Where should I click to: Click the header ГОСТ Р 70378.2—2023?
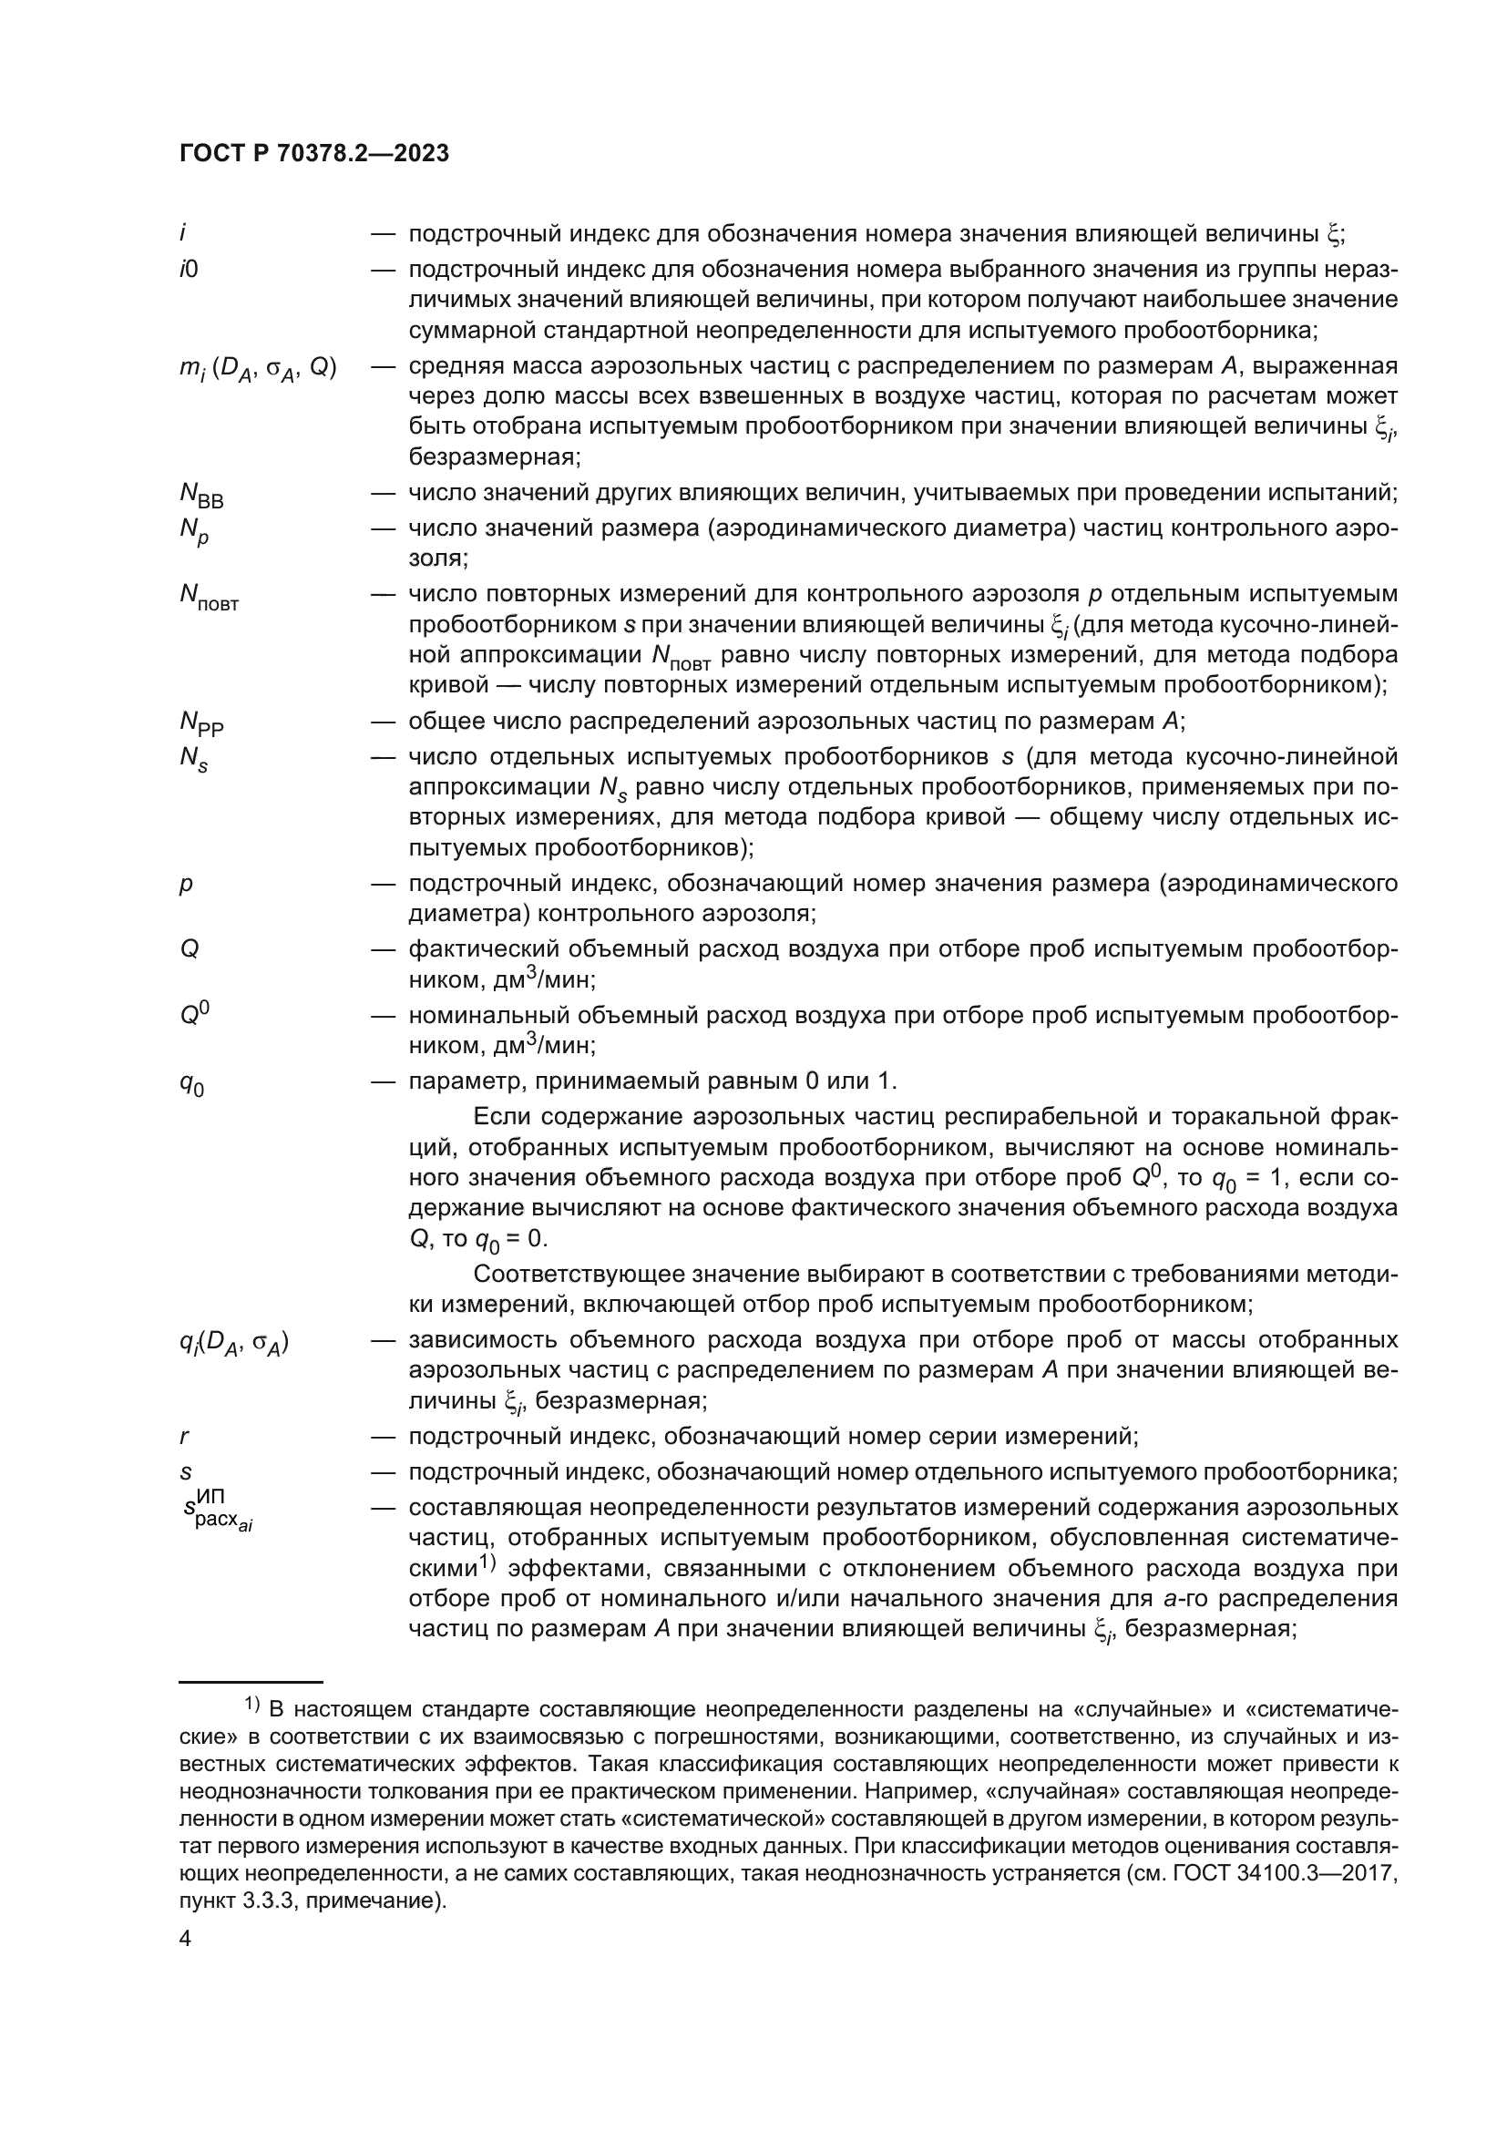click(x=314, y=153)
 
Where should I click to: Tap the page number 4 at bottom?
click(x=185, y=1940)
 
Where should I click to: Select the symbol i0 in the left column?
click(x=189, y=269)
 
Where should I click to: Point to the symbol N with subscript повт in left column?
click(x=209, y=597)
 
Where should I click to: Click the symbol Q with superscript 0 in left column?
click(x=194, y=1014)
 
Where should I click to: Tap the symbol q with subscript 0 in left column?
click(x=191, y=1083)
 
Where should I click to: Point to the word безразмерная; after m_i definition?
click(x=495, y=456)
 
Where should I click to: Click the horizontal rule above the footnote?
click(x=251, y=1681)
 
